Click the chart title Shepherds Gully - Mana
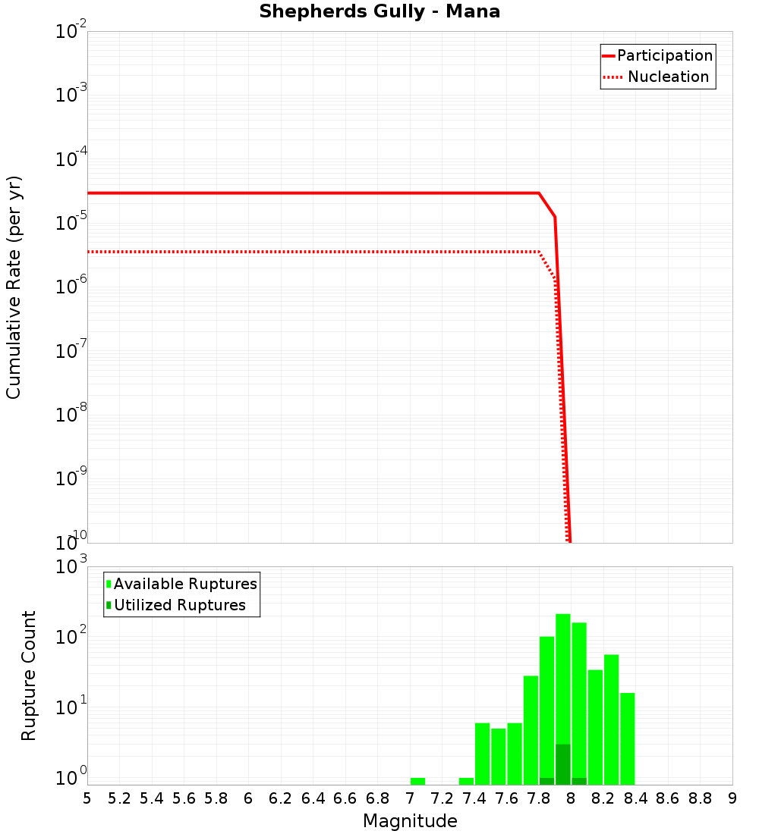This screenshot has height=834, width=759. (379, 12)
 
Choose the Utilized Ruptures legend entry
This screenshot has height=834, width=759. (179, 605)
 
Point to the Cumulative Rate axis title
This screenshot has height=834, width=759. (14, 287)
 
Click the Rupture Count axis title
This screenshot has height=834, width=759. (29, 676)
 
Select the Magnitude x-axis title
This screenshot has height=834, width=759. (410, 821)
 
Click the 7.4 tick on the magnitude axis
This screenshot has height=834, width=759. (474, 798)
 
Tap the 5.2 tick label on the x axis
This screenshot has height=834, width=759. (120, 798)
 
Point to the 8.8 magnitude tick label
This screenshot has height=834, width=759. (700, 798)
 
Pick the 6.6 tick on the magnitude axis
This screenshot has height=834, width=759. (345, 798)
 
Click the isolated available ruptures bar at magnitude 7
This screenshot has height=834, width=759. (417, 781)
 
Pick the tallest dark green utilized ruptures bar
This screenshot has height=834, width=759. (562, 764)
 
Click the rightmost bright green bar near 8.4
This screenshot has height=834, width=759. (627, 739)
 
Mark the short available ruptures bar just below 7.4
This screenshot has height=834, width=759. (466, 781)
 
